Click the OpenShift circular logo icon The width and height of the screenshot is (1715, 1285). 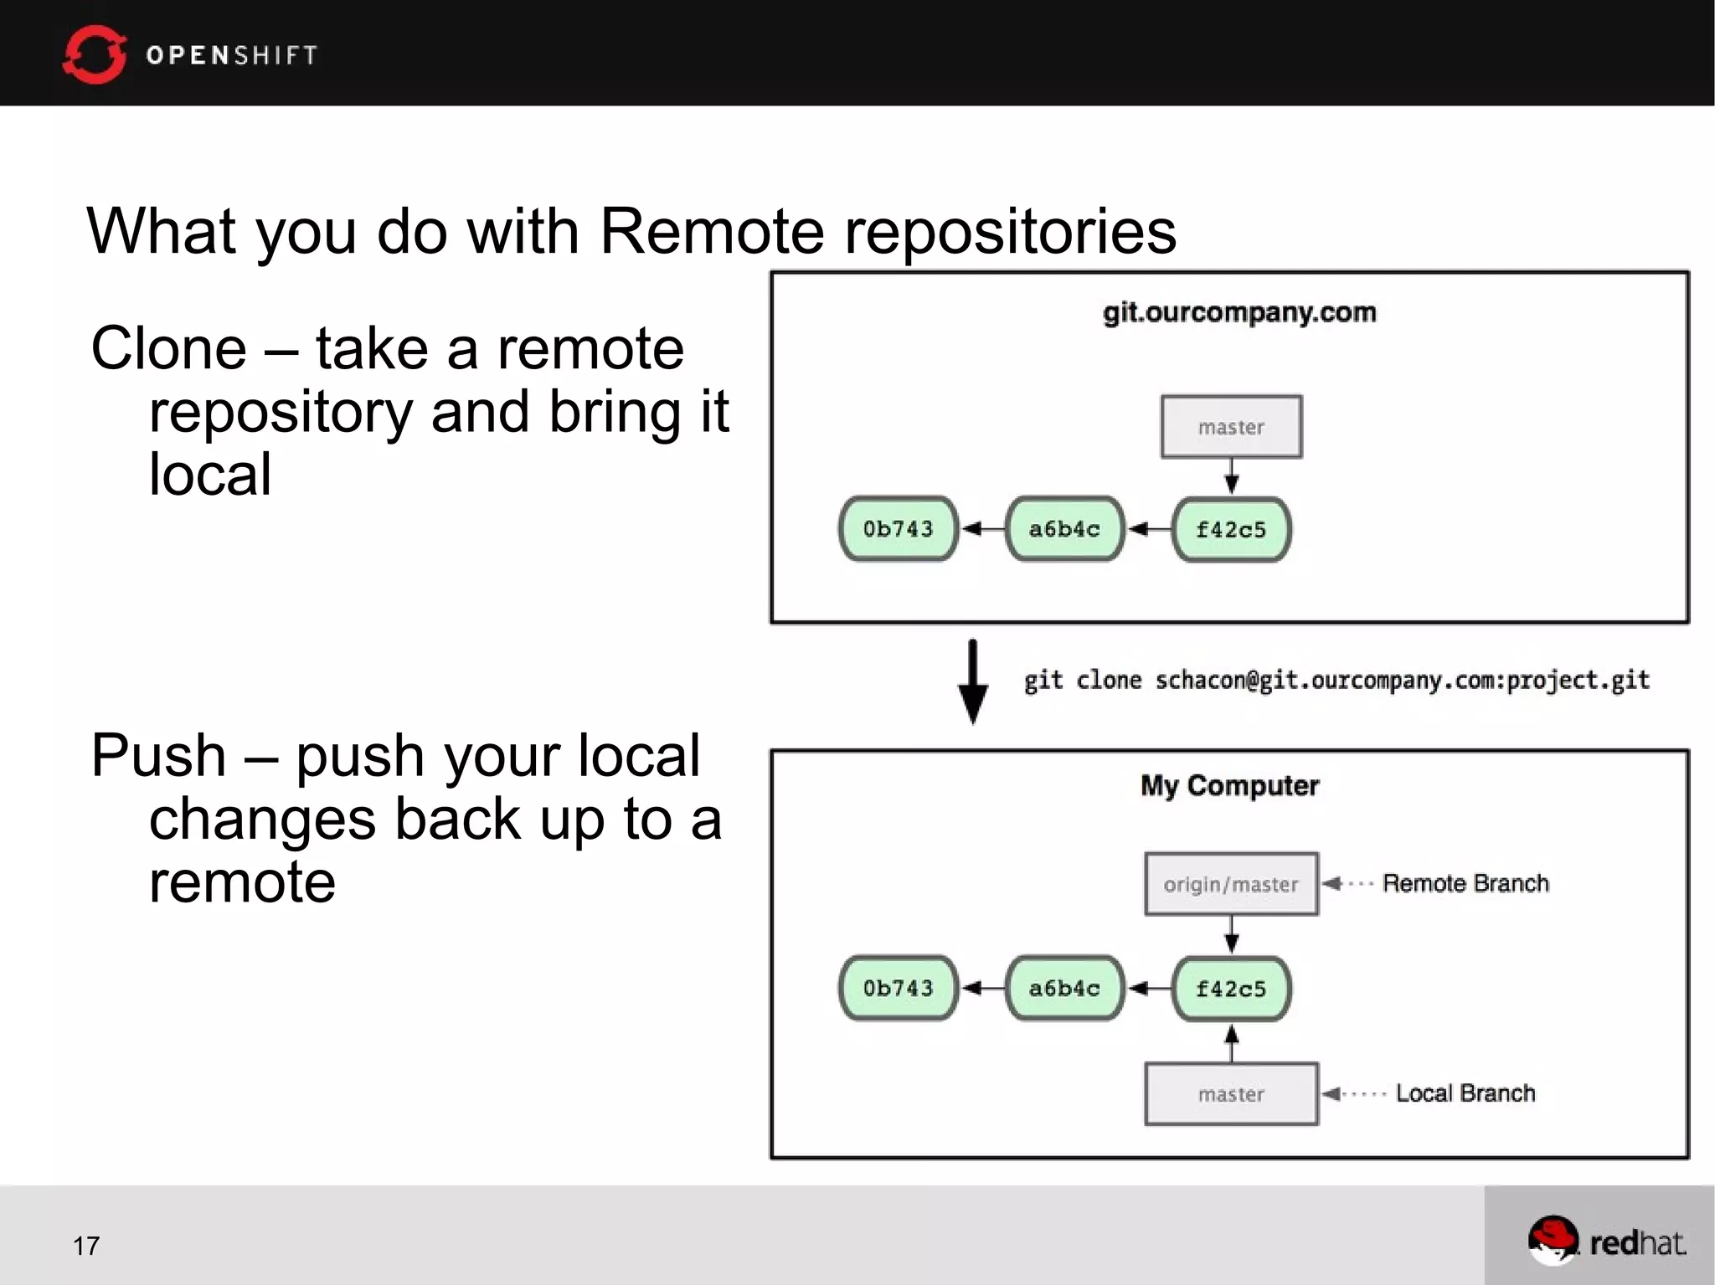[x=94, y=54]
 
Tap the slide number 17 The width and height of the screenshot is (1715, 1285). [x=86, y=1246]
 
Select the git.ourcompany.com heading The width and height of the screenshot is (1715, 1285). [x=1239, y=312]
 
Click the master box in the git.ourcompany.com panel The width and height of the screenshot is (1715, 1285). [x=1231, y=427]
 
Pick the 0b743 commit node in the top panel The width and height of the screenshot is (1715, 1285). [x=898, y=529]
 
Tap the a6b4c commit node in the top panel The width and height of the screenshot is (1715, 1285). [x=1064, y=529]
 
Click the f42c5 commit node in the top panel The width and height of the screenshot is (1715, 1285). [x=1231, y=529]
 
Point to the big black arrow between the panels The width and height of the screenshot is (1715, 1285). [x=972, y=682]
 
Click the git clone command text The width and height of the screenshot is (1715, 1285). [x=1336, y=680]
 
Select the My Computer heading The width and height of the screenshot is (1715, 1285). [x=1229, y=785]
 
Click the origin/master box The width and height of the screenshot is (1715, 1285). [x=1231, y=884]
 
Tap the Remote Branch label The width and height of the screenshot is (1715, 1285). [x=1465, y=883]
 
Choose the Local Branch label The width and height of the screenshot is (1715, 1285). [x=1465, y=1093]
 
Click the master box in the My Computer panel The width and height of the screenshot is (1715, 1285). [x=1231, y=1094]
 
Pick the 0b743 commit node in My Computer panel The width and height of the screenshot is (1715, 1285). [x=898, y=989]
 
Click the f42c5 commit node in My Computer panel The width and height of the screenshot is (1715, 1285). [x=1231, y=989]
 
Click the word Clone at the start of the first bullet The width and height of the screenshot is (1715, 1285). [x=168, y=348]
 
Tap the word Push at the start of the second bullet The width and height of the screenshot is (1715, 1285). [x=158, y=755]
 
